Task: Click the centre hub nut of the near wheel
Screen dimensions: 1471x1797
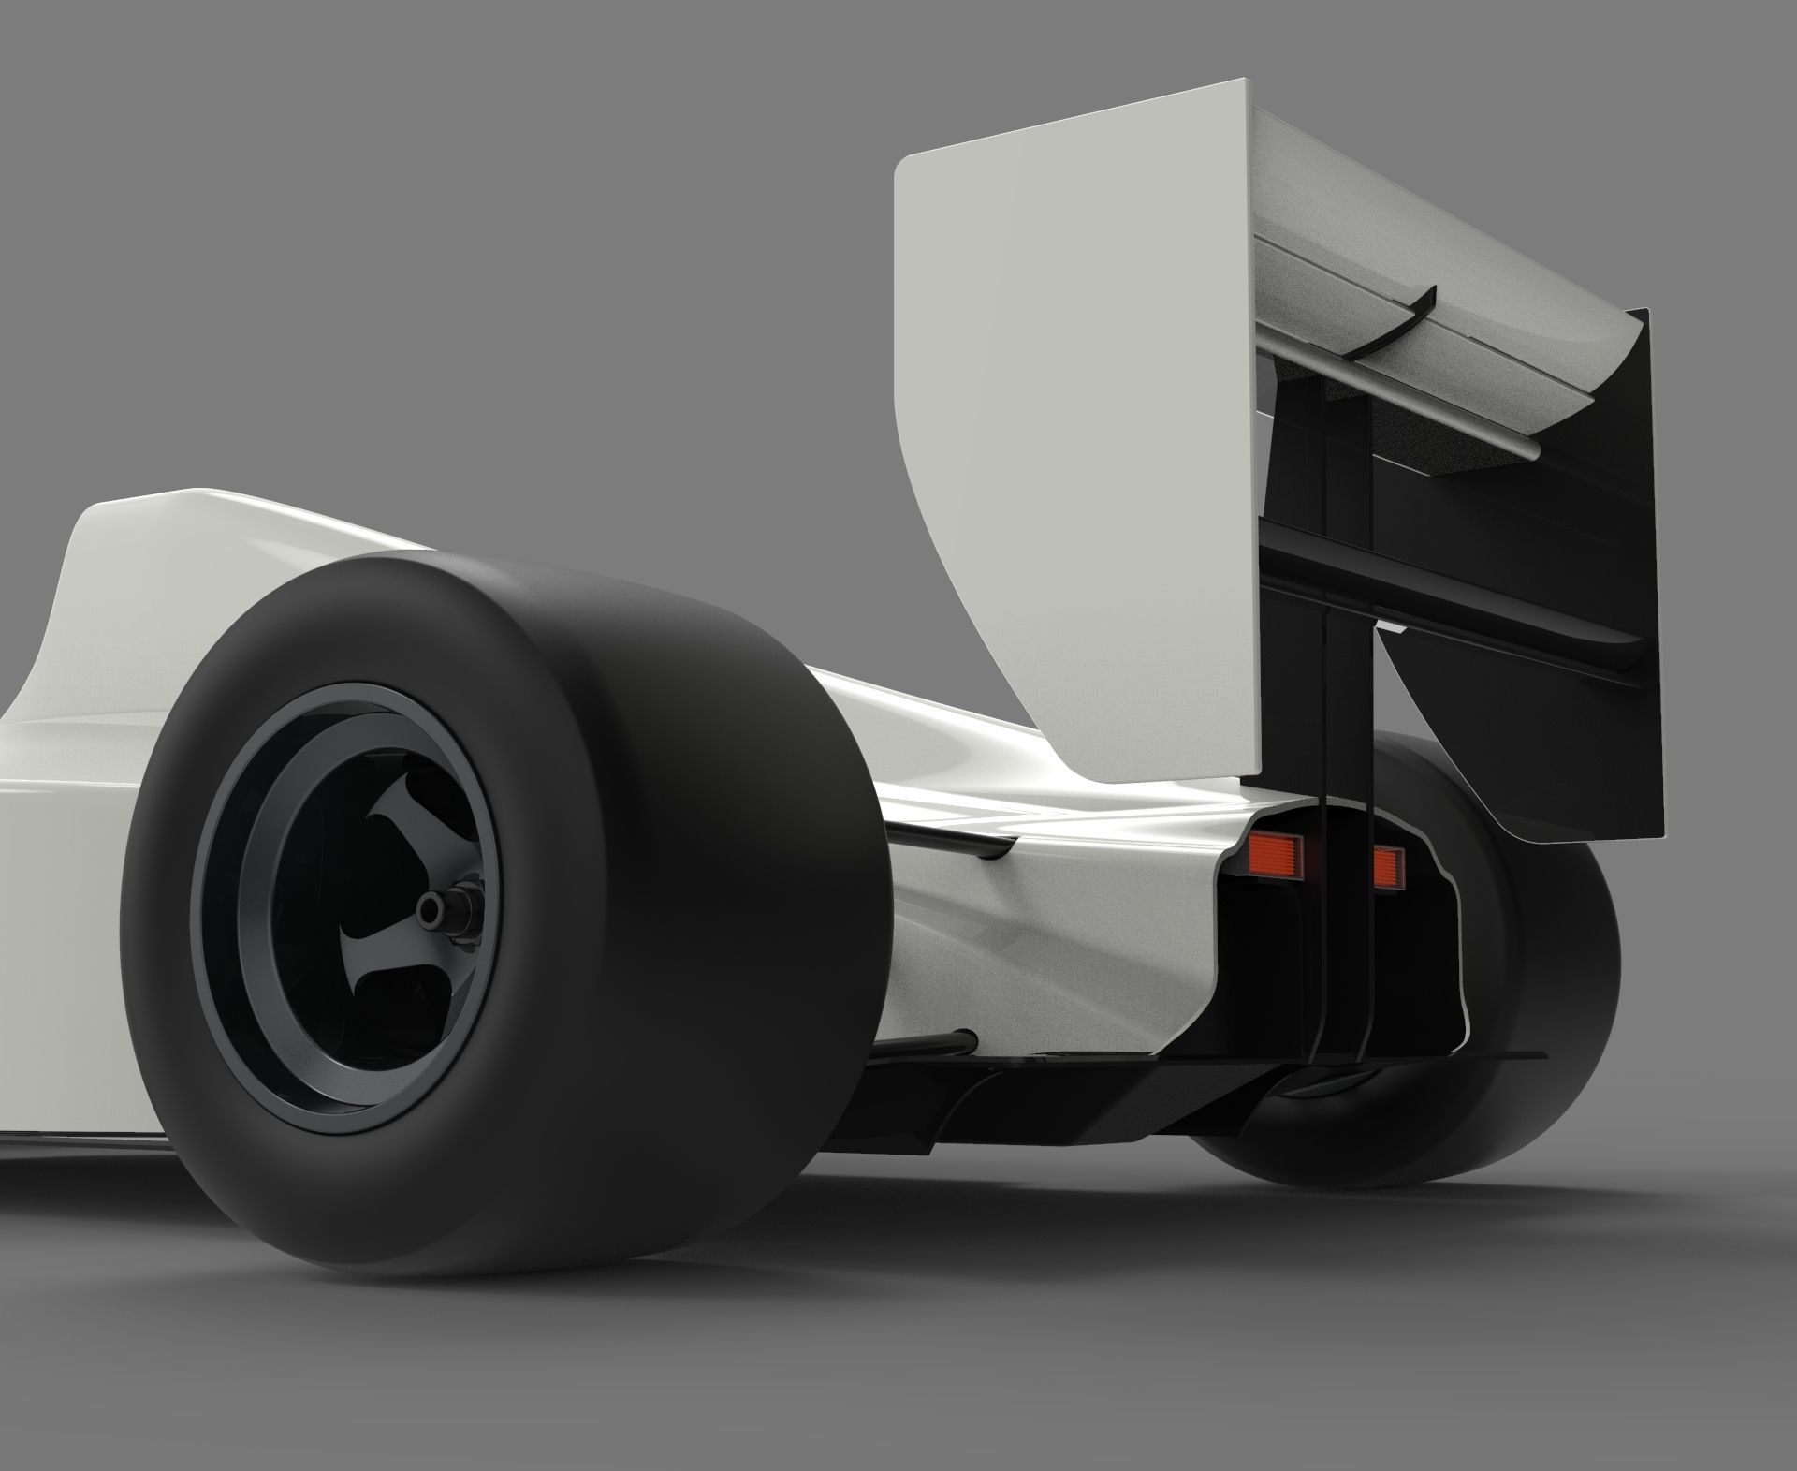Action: (x=431, y=905)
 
